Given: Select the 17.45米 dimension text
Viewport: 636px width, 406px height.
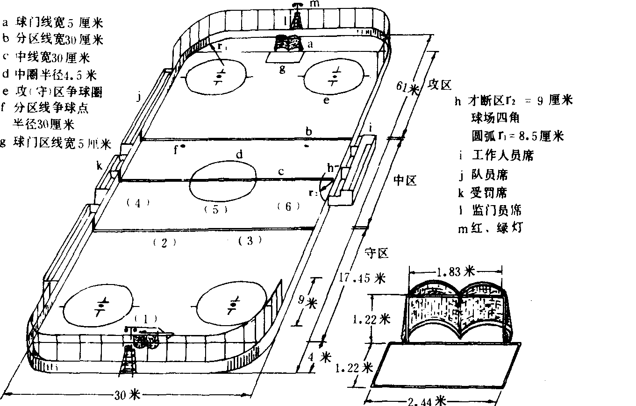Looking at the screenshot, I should point(360,278).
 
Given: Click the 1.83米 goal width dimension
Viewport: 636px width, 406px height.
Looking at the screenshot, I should point(455,271).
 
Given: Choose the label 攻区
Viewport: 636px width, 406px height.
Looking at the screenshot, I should point(440,85).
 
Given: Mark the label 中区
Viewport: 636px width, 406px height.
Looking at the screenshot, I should point(405,180).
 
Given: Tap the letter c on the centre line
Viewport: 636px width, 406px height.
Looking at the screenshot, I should point(281,172).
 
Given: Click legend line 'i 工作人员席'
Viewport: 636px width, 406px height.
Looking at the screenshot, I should point(496,155).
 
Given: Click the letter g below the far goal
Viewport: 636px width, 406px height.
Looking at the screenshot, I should point(282,69).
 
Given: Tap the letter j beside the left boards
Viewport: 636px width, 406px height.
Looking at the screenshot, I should point(138,97).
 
